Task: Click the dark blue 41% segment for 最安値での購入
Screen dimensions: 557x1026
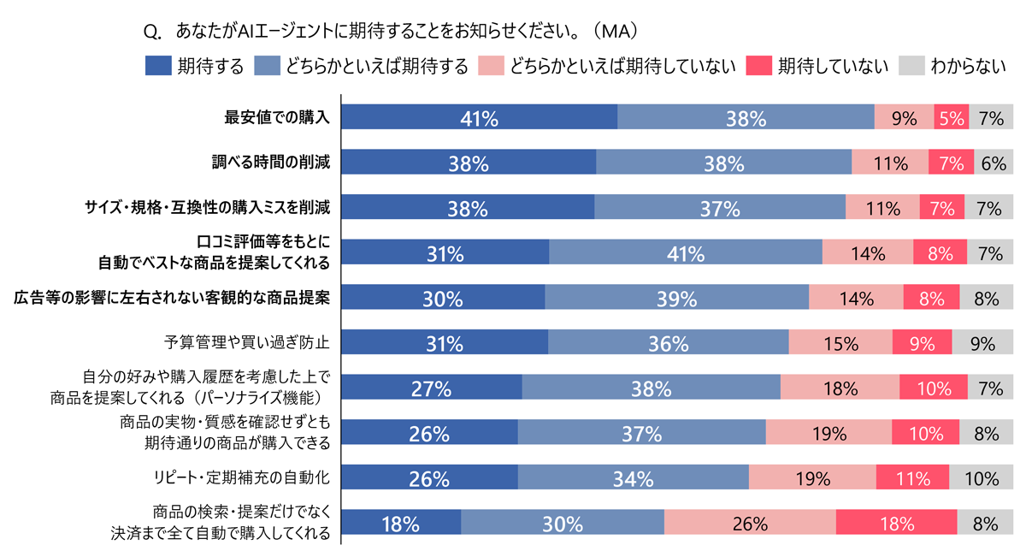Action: [479, 118]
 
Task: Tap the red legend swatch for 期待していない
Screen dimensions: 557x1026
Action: [758, 66]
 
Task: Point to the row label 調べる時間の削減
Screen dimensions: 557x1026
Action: [271, 163]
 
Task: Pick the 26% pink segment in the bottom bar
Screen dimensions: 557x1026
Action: [750, 524]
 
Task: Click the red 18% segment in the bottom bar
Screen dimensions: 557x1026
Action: [896, 524]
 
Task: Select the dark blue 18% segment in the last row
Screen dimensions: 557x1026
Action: [401, 524]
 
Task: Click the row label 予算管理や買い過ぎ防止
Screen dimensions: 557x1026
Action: [247, 343]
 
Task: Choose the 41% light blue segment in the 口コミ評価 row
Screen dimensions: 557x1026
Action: [686, 253]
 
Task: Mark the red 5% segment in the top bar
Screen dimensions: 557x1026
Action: [951, 118]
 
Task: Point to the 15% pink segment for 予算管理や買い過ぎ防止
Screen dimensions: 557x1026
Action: [840, 343]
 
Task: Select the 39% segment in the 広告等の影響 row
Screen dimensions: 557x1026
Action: [676, 299]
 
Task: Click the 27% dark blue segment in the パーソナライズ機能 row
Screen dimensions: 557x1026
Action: [432, 388]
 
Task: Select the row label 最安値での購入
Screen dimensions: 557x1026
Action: [277, 118]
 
